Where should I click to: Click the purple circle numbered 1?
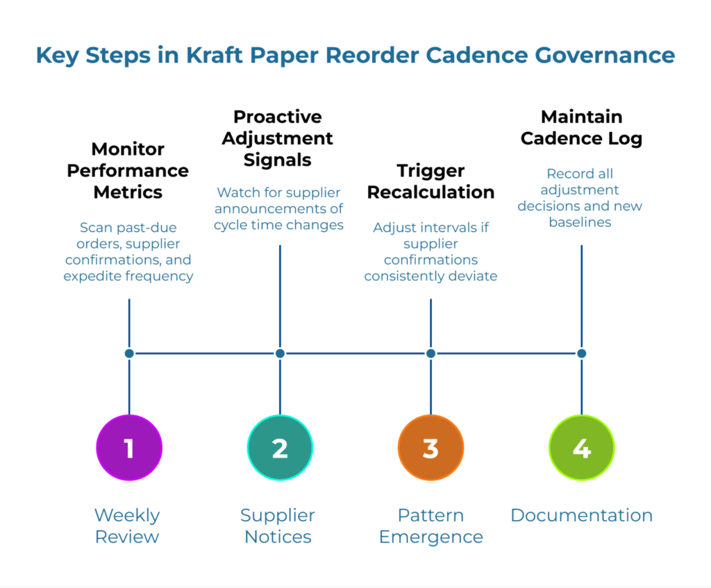click(129, 448)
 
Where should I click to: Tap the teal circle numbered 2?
click(280, 448)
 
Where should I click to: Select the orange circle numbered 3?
click(430, 448)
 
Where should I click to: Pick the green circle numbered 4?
click(581, 448)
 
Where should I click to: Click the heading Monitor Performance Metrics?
click(128, 171)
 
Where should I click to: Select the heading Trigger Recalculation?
click(430, 181)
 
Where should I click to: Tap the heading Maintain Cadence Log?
click(581, 127)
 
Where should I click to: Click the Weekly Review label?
click(127, 526)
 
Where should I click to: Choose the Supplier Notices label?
click(278, 526)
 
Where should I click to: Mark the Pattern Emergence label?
click(430, 526)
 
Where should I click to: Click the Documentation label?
click(581, 515)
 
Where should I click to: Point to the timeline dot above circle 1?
click(129, 353)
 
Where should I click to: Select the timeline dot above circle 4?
click(581, 353)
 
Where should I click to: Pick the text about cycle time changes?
click(278, 208)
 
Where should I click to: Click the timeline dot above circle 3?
click(430, 353)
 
